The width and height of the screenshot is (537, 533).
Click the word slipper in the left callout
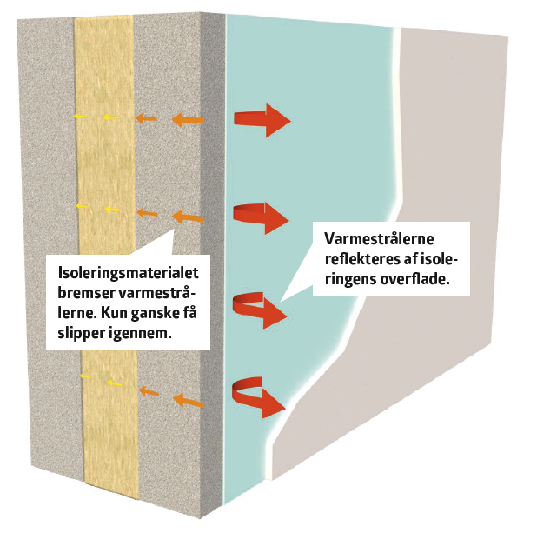pyautogui.click(x=80, y=333)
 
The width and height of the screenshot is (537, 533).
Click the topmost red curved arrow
pyautogui.click(x=262, y=119)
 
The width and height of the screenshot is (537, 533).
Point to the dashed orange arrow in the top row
pyautogui.click(x=149, y=117)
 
